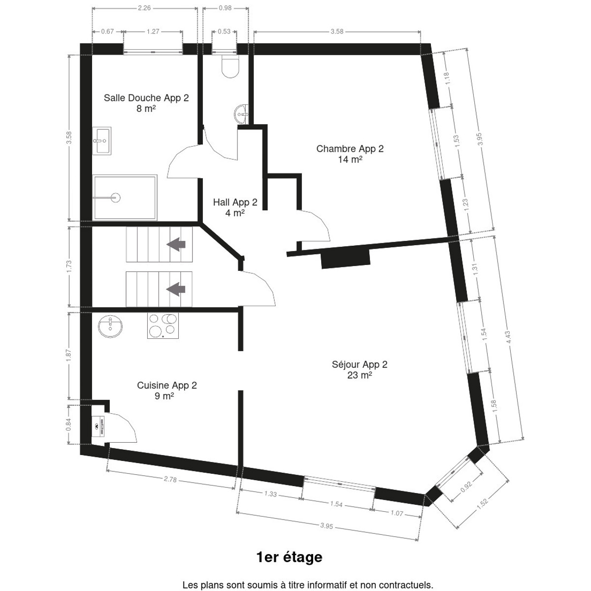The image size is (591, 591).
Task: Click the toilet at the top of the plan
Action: (x=230, y=66)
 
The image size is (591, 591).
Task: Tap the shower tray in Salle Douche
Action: (x=125, y=197)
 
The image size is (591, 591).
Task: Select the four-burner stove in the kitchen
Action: (x=163, y=326)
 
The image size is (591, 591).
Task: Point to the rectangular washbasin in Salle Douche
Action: (x=102, y=141)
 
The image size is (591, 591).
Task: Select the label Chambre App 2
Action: (x=350, y=149)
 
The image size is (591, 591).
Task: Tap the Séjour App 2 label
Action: (x=360, y=364)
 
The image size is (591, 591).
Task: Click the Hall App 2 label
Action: (x=235, y=202)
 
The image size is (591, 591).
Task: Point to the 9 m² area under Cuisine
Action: (x=164, y=396)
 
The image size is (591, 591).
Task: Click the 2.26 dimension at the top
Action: (x=144, y=8)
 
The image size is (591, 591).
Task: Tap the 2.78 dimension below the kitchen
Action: (x=170, y=479)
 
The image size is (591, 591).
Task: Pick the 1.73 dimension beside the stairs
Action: (x=68, y=266)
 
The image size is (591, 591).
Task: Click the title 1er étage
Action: (x=290, y=557)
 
